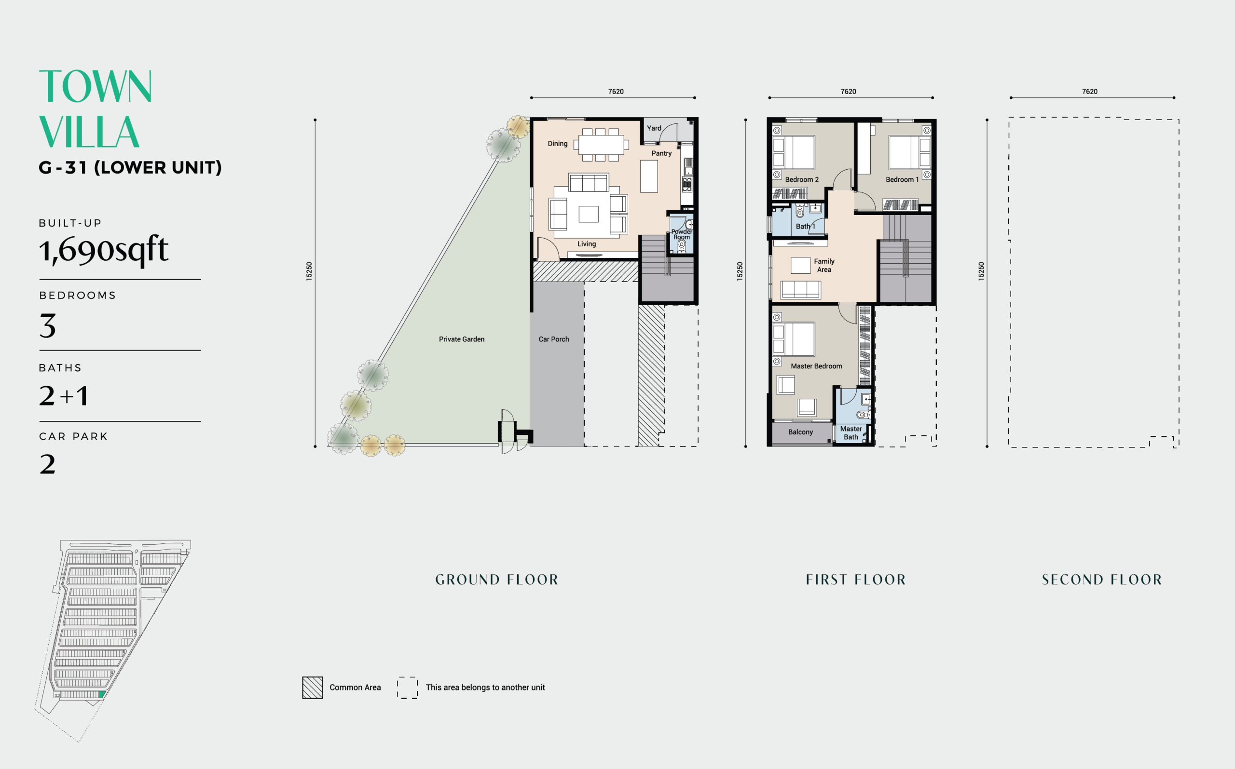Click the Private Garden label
[462, 339]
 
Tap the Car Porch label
[554, 339]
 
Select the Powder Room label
[681, 234]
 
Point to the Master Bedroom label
[816, 366]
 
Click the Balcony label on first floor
[800, 432]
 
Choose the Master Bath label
[851, 433]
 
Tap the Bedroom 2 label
[801, 179]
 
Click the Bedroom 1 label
[902, 179]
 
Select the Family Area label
[824, 266]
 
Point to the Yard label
[654, 128]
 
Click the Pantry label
[661, 153]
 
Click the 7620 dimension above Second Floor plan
[1089, 92]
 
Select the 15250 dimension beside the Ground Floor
[309, 271]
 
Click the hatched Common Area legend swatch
[313, 688]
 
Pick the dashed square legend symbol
[407, 688]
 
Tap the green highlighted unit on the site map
[101, 694]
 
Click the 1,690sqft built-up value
[104, 250]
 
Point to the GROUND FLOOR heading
[496, 580]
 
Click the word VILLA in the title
[89, 132]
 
